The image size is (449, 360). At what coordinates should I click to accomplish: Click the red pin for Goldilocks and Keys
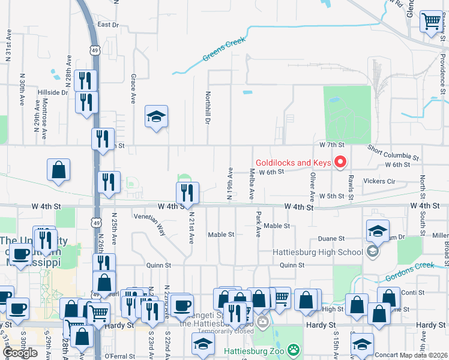(x=340, y=162)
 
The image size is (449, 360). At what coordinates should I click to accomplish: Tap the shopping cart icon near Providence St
(x=431, y=22)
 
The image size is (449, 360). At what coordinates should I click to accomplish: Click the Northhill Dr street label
(x=208, y=108)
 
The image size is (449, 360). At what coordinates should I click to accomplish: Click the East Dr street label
(x=109, y=25)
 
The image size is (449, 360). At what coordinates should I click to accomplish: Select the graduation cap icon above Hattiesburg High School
(x=377, y=231)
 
